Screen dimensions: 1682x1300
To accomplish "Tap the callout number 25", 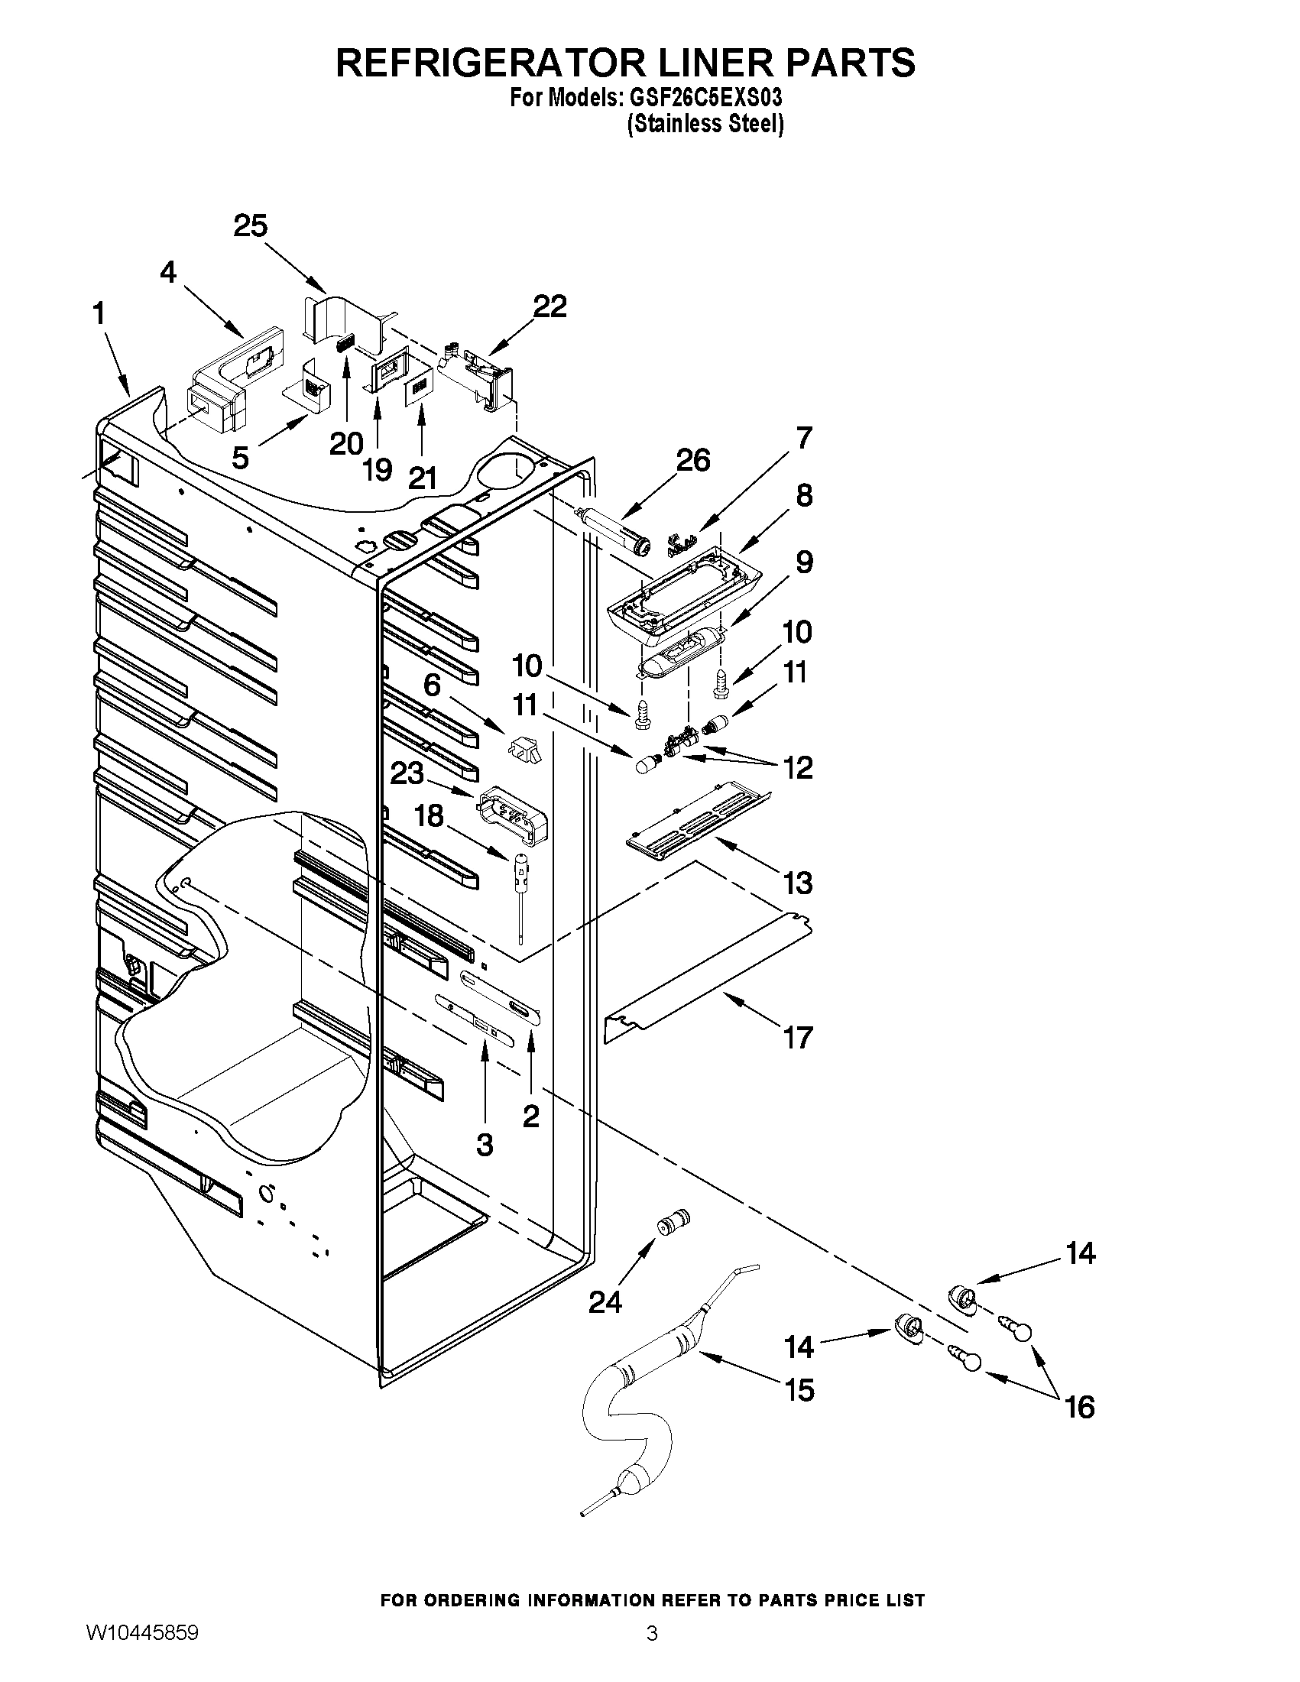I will (251, 225).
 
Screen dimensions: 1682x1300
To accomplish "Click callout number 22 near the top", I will (550, 306).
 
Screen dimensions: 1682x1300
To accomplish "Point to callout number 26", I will (692, 460).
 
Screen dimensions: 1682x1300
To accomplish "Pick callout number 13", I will (798, 882).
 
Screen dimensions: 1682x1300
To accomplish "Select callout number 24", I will (605, 1301).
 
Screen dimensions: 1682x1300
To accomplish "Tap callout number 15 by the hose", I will (799, 1390).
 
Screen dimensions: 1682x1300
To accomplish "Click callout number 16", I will (1079, 1407).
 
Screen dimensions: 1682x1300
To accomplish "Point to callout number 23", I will (407, 773).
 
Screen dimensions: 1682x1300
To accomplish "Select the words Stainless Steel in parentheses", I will (705, 123).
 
